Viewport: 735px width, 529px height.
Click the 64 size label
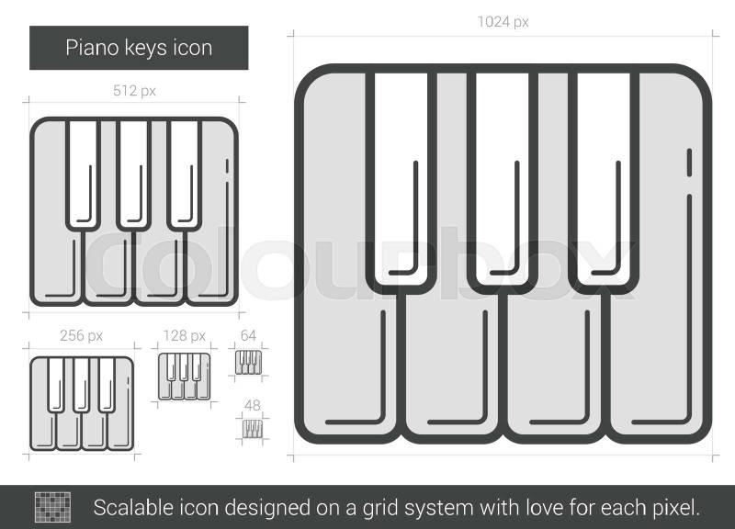[x=248, y=335]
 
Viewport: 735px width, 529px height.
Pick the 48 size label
[x=252, y=405]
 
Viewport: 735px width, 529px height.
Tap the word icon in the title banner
[x=193, y=48]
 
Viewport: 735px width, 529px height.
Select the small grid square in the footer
[x=53, y=507]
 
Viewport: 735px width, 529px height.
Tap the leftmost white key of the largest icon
[x=401, y=179]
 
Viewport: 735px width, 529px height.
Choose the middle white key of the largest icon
[x=502, y=179]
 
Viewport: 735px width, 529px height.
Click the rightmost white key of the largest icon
[x=604, y=179]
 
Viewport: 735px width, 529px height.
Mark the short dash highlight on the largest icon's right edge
[x=689, y=163]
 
